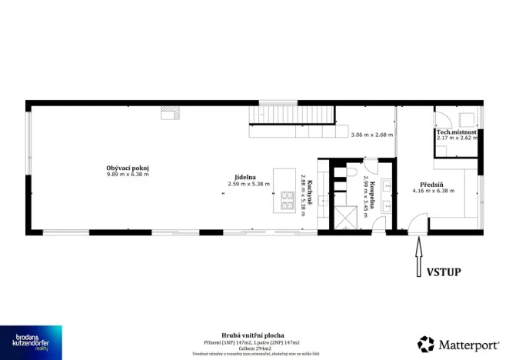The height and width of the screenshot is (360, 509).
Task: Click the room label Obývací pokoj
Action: pos(128,168)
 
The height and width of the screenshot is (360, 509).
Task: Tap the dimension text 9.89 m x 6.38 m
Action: pos(128,175)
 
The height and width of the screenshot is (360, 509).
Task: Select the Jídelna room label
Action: pos(247,177)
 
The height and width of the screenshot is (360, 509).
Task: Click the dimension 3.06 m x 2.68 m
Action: pos(371,135)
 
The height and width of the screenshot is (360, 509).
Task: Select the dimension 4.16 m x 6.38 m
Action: pos(434,190)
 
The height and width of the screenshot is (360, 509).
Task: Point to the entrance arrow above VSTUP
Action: pos(418,249)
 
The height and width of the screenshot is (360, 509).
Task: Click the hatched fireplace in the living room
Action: pos(170,114)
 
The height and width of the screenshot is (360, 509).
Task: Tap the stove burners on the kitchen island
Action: pos(288,201)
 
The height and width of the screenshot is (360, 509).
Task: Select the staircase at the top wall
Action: pos(292,115)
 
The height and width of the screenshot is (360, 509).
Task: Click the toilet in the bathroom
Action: pos(352,172)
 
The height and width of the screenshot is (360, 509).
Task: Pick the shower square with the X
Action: pos(346,217)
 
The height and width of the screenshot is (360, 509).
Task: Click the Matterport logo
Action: pos(457,344)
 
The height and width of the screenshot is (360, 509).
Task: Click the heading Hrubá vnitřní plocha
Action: pos(254,335)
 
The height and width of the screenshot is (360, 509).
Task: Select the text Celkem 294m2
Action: pos(254,347)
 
